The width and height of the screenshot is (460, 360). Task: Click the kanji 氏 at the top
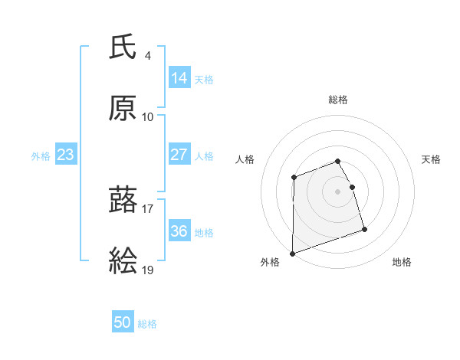(123, 48)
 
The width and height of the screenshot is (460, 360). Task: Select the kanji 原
(123, 110)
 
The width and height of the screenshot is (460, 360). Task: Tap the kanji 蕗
(123, 201)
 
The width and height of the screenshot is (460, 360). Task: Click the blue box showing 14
(179, 77)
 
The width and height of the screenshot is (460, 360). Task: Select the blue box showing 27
(179, 155)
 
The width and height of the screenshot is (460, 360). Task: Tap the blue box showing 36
(179, 231)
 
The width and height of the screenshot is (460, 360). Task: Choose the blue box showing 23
(66, 155)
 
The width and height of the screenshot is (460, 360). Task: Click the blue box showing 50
(123, 322)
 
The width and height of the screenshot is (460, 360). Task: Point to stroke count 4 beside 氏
(148, 55)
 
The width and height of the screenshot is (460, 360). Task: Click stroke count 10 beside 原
(148, 116)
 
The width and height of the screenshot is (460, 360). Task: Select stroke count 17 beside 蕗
(148, 208)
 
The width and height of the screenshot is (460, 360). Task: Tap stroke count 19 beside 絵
(148, 270)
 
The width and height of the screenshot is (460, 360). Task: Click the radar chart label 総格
(338, 100)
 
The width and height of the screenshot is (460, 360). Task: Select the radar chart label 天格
(432, 159)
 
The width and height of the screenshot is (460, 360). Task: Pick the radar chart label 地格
(402, 263)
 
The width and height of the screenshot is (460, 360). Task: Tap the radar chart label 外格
(270, 263)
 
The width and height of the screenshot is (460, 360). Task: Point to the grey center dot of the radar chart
(338, 191)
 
